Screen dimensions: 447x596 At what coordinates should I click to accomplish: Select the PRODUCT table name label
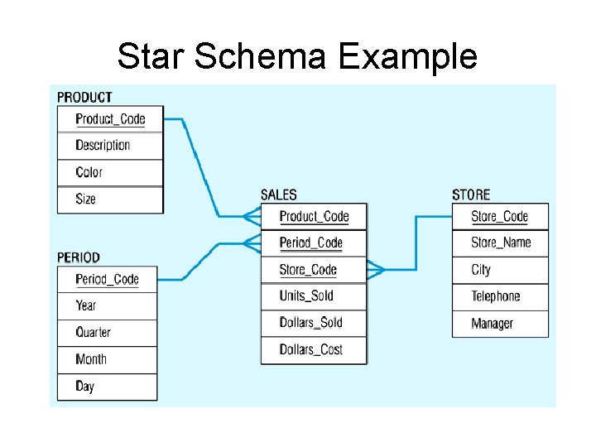click(84, 97)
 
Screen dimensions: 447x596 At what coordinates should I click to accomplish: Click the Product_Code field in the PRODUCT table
click(110, 119)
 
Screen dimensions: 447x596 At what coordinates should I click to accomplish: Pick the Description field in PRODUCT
click(103, 146)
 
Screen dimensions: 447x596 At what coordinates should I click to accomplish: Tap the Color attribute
click(89, 172)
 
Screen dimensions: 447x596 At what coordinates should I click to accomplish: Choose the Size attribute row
click(85, 199)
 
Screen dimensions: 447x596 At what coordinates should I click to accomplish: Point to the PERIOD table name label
click(79, 257)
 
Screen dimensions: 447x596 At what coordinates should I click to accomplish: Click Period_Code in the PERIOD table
click(107, 279)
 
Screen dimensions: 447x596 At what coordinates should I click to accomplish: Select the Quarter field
click(93, 332)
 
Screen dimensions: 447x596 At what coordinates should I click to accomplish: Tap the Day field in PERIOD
click(84, 386)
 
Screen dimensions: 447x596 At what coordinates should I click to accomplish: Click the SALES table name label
click(278, 195)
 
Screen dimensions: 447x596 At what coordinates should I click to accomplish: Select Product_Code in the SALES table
click(314, 217)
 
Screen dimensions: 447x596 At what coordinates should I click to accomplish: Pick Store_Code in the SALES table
click(308, 270)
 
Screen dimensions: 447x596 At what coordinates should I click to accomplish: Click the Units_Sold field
click(306, 296)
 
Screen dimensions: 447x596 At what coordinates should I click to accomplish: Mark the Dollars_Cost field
click(310, 349)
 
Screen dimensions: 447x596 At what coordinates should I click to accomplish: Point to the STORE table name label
click(471, 195)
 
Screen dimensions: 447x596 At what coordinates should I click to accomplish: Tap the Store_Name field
click(501, 243)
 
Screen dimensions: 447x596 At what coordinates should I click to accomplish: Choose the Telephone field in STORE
click(496, 296)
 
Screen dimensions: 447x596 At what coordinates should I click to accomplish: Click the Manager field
click(492, 324)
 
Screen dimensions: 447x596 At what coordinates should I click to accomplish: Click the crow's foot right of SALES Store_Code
click(376, 269)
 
